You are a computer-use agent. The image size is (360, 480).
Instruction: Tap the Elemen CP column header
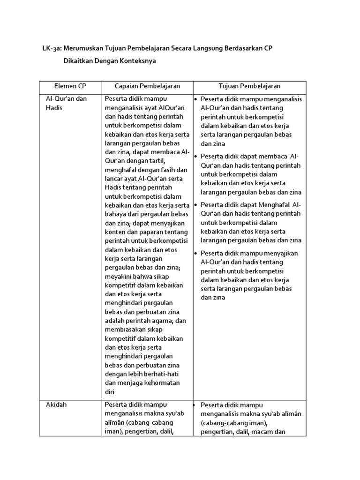tap(70, 87)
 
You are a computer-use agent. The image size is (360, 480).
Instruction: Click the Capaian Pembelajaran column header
tap(148, 87)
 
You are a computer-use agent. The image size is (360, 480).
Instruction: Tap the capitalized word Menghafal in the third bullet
tap(274, 205)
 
